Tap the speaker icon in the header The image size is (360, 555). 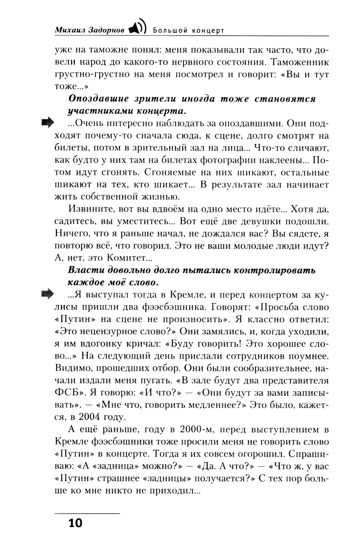click(x=138, y=27)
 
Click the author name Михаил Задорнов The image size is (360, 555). click(x=90, y=30)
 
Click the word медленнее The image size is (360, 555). click(x=208, y=405)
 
